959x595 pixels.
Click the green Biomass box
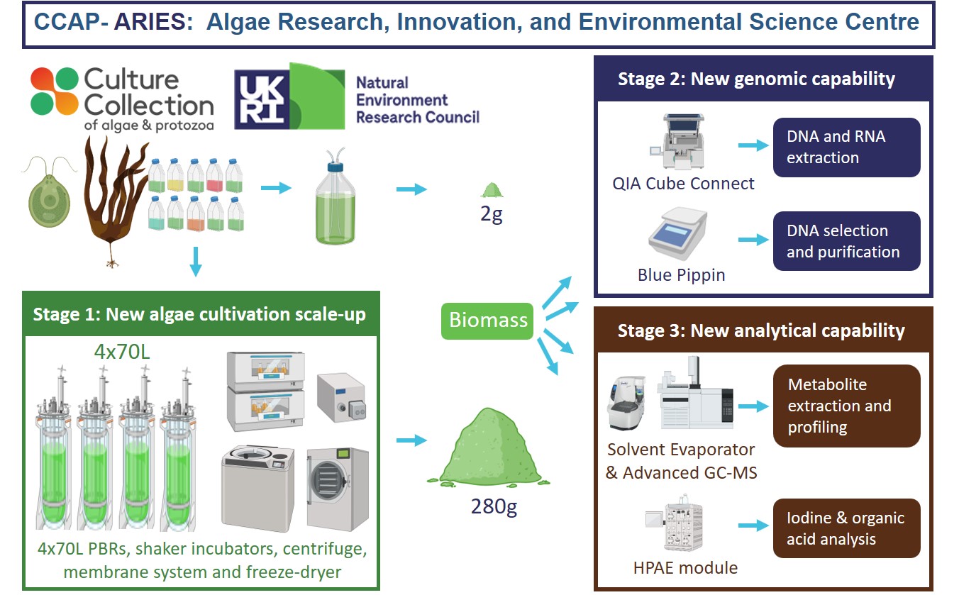[489, 321]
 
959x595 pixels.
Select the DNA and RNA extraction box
[846, 147]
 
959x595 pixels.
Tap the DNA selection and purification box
[846, 241]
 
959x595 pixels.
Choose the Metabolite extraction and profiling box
[846, 406]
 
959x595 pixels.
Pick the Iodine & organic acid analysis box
[846, 528]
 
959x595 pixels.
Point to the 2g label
[492, 214]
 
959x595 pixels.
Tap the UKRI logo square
[260, 98]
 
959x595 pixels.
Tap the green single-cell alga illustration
[48, 193]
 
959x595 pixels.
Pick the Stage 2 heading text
[756, 79]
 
